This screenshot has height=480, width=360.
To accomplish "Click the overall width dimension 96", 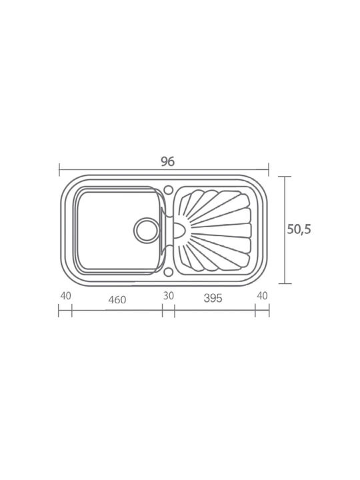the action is click(168, 161).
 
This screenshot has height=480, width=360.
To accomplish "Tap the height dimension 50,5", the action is click(299, 229).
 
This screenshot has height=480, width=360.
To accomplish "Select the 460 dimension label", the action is click(117, 300).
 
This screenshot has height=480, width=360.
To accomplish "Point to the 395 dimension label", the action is click(213, 298).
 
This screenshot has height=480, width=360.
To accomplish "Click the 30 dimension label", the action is click(169, 296).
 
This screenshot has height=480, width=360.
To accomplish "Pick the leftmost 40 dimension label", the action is click(66, 296).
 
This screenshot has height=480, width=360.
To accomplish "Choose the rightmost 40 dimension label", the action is click(263, 296).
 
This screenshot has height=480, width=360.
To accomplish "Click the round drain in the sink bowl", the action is click(147, 230).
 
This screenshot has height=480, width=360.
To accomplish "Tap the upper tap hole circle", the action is click(169, 190).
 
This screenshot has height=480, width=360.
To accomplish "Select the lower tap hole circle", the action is click(169, 272).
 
